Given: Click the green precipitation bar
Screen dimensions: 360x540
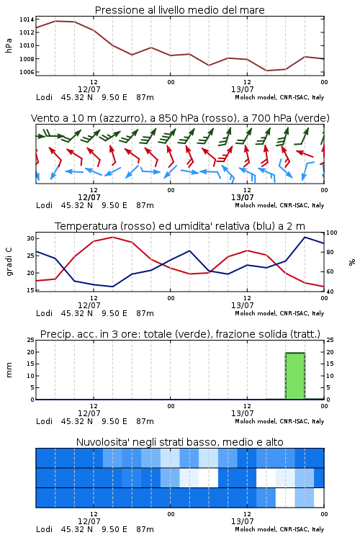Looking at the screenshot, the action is pyautogui.click(x=295, y=376).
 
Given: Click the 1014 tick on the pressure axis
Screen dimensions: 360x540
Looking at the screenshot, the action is pyautogui.click(x=27, y=19).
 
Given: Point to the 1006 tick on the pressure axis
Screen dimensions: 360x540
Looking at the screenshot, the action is pyautogui.click(x=27, y=72).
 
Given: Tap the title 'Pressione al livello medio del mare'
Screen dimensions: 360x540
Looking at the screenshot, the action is pyautogui.click(x=180, y=10).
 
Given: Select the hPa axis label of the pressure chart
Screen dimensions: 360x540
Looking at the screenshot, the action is pyautogui.click(x=9, y=46).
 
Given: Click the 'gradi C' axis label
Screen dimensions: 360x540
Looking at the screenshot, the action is pyautogui.click(x=9, y=261).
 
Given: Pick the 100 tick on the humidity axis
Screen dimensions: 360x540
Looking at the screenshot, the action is pyautogui.click(x=332, y=233).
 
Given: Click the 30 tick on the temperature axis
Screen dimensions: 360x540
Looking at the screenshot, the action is pyautogui.click(x=31, y=238).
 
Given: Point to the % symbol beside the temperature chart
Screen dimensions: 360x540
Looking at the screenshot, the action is pyautogui.click(x=352, y=262).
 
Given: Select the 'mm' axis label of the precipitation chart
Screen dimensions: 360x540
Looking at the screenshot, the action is pyautogui.click(x=9, y=370).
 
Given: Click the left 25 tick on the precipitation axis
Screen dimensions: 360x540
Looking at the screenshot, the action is pyautogui.click(x=31, y=340).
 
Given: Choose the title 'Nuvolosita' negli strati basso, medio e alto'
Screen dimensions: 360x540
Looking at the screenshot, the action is pyautogui.click(x=180, y=442).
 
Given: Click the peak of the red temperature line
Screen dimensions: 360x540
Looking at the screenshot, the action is pyautogui.click(x=112, y=237).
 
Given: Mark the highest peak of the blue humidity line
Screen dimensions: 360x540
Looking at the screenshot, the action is pyautogui.click(x=305, y=237).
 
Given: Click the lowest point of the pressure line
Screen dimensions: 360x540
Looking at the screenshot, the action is pyautogui.click(x=266, y=71).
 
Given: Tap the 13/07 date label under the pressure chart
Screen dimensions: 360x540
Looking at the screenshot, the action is pyautogui.click(x=242, y=89).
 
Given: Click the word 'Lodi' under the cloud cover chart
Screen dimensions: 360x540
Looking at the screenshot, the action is pyautogui.click(x=44, y=529).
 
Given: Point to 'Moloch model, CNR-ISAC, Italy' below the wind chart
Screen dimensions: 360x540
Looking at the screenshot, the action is pyautogui.click(x=279, y=205).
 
